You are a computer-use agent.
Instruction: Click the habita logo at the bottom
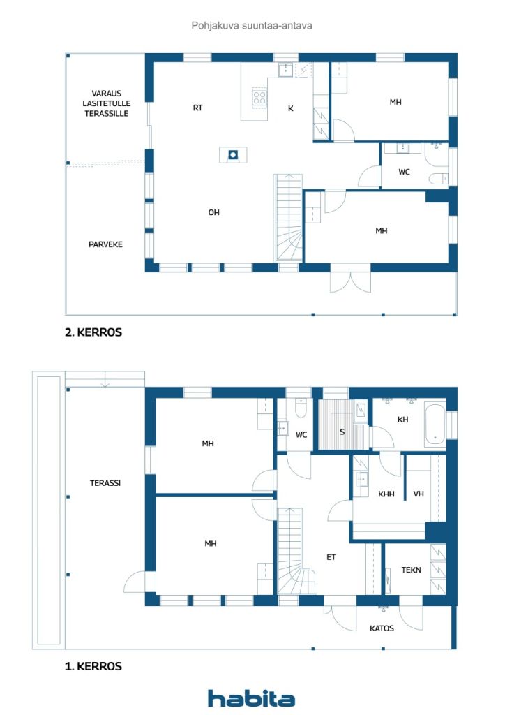click(x=251, y=698)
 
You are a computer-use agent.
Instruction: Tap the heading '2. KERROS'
click(x=93, y=333)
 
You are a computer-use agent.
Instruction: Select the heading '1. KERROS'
click(x=93, y=667)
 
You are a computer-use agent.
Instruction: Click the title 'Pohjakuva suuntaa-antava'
click(x=252, y=25)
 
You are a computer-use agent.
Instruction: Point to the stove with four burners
click(x=259, y=98)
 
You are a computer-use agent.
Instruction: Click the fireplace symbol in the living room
click(x=233, y=154)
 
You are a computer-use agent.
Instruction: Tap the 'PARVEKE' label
click(x=105, y=244)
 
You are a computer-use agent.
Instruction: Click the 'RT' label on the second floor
click(x=198, y=108)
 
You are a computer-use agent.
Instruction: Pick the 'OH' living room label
click(x=213, y=213)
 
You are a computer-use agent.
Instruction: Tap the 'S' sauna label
click(x=342, y=432)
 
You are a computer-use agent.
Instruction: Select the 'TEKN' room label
click(x=411, y=570)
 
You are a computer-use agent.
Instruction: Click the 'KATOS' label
click(x=382, y=628)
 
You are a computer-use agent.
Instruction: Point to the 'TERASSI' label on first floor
click(x=105, y=482)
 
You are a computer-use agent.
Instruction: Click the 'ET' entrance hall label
click(x=331, y=557)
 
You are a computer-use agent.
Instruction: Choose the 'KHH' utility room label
click(x=386, y=494)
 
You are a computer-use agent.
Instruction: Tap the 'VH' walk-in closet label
click(x=419, y=494)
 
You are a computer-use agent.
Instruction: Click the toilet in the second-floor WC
click(x=439, y=179)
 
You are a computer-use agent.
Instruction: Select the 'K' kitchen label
click(x=291, y=109)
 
